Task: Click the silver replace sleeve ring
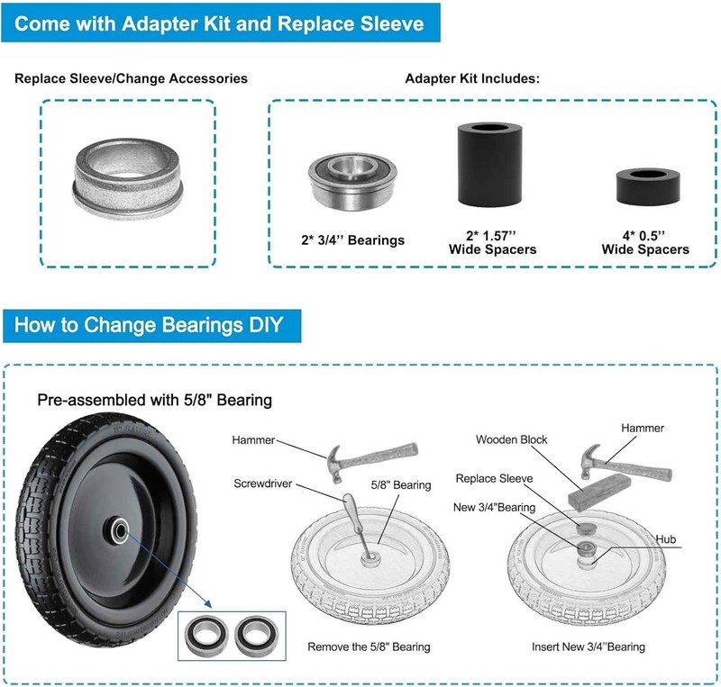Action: tap(127, 178)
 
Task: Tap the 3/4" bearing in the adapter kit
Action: tap(352, 181)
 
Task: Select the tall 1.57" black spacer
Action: tap(489, 164)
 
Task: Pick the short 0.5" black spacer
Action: tap(648, 186)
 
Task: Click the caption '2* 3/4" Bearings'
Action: tap(352, 240)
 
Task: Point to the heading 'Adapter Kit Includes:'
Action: tap(472, 78)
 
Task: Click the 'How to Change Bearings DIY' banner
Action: tap(151, 325)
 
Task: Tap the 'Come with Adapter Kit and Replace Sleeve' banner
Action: tap(220, 23)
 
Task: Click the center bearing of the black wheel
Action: tap(119, 531)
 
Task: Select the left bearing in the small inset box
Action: tap(206, 635)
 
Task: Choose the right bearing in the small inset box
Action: tap(256, 636)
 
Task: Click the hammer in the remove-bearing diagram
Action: tap(371, 460)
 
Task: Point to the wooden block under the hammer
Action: tap(600, 492)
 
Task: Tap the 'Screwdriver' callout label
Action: tap(262, 484)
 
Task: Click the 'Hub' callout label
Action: tap(665, 539)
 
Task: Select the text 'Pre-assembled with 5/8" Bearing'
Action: tap(154, 401)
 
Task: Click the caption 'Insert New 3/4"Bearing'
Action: tap(589, 646)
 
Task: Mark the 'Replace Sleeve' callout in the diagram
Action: tap(494, 478)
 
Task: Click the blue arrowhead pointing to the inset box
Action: tap(207, 603)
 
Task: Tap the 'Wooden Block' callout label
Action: tap(511, 439)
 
